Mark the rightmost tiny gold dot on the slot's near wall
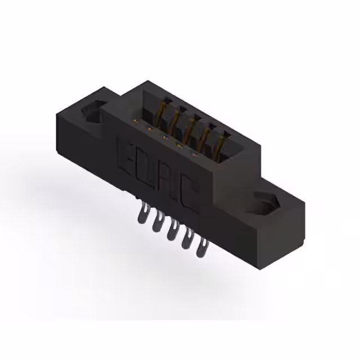pyautogui.click(x=195, y=154)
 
